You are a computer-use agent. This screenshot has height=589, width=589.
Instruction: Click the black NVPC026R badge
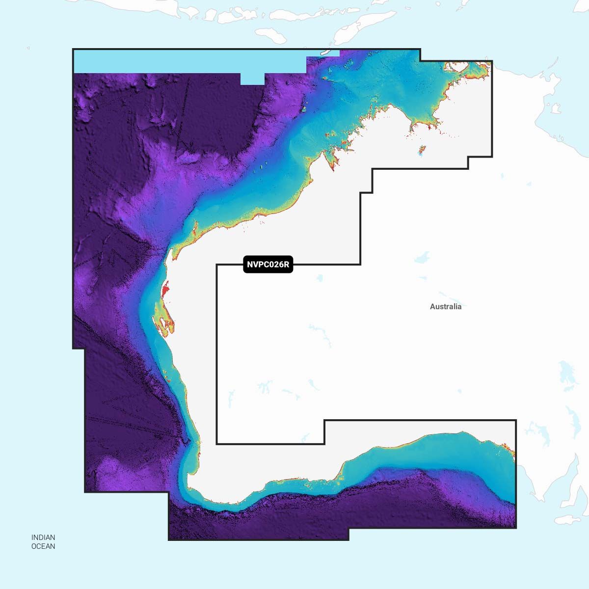click(x=268, y=265)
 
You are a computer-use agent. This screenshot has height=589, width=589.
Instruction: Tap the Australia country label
click(x=446, y=307)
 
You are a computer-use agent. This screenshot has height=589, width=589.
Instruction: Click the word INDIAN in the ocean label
click(x=43, y=537)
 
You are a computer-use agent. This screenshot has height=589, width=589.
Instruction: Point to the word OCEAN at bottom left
click(x=43, y=546)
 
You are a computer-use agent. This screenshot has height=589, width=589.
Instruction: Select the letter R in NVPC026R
click(x=287, y=265)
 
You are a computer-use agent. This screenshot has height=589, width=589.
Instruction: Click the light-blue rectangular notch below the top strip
click(x=252, y=79)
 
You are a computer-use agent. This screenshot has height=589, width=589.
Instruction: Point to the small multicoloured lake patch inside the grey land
click(x=421, y=150)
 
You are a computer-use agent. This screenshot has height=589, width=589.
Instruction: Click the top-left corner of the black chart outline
click(x=73, y=49)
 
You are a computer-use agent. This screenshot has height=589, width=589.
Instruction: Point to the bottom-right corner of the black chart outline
click(x=516, y=528)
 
